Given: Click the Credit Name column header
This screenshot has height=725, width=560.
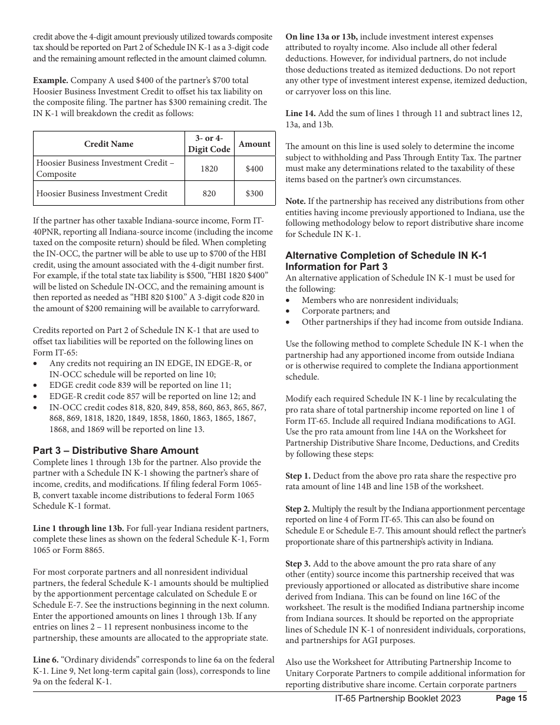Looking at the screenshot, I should (x=108, y=144).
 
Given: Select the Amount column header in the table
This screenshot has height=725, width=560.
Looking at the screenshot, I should (x=254, y=144).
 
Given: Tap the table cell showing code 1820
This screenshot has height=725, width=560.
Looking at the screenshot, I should (x=209, y=169).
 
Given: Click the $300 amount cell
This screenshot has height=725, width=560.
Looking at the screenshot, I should (x=254, y=193).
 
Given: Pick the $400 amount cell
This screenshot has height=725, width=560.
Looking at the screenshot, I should (x=254, y=169).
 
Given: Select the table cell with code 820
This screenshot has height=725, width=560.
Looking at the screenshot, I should (x=209, y=193).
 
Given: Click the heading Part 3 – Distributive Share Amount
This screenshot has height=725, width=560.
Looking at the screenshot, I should (x=116, y=450).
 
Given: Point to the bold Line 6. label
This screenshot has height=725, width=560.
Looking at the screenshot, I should (x=46, y=660).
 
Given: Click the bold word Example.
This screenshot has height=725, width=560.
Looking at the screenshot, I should (x=51, y=80).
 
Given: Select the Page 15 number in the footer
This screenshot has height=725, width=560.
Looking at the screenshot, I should (x=511, y=698).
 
